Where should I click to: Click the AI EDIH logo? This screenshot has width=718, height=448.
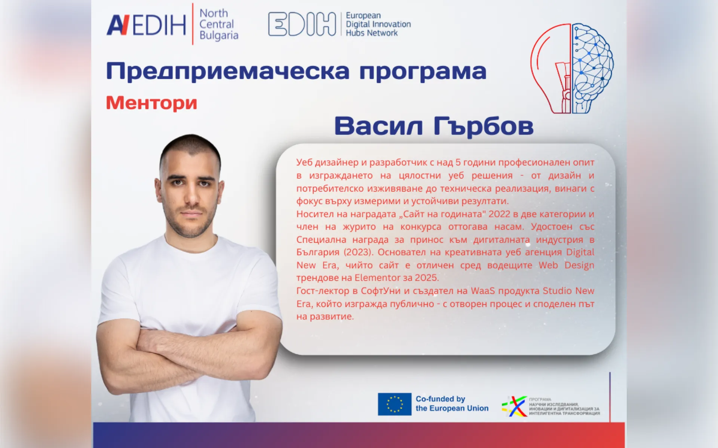pos(146,25)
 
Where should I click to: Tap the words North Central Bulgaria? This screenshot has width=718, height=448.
pos(218,24)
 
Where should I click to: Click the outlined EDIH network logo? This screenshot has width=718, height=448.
pos(302,24)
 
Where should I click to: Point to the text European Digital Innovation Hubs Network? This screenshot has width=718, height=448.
pos(378,24)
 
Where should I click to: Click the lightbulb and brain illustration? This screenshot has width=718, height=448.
pos(572,68)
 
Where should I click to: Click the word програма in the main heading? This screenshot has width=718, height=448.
pos(423,72)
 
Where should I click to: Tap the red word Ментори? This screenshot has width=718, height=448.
pos(151,103)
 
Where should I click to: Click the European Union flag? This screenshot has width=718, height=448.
pos(394,404)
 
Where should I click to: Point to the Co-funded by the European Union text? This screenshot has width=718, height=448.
pos(452,404)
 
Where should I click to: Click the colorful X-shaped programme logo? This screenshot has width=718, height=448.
pos(515,406)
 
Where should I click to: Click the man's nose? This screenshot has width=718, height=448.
pos(191,196)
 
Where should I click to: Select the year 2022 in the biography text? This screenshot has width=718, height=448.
pos(499,214)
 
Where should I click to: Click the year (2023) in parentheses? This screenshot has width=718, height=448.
pos(358,252)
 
